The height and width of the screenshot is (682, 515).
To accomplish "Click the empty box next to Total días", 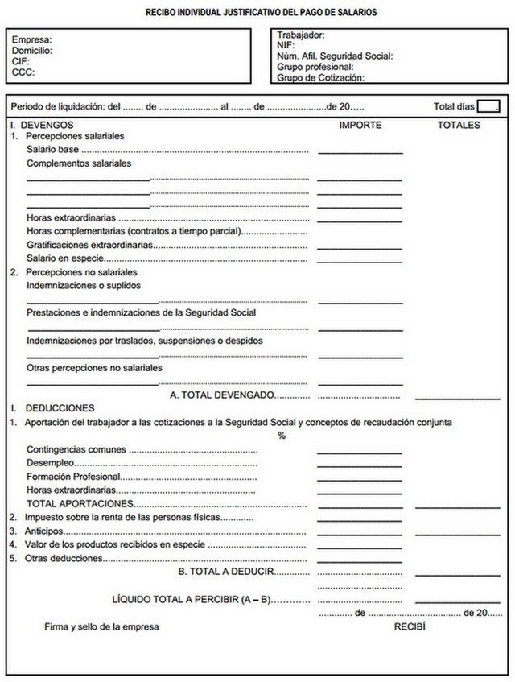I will pyautogui.click(x=488, y=106).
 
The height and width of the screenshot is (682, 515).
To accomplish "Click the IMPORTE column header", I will pyautogui.click(x=360, y=126).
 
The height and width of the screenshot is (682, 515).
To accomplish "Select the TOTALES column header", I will pyautogui.click(x=459, y=126).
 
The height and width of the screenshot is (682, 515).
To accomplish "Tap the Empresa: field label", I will pyautogui.click(x=31, y=39).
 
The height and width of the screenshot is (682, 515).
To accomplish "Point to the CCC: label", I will pyautogui.click(x=23, y=72).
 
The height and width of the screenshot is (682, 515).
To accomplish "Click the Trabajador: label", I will pyautogui.click(x=300, y=35).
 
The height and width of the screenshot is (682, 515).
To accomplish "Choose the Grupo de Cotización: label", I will pyautogui.click(x=320, y=78).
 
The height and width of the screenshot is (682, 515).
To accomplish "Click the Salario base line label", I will pyautogui.click(x=52, y=150).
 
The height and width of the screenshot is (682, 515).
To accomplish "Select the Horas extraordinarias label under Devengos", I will pyautogui.click(x=71, y=218).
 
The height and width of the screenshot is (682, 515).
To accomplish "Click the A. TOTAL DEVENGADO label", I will pyautogui.click(x=222, y=395).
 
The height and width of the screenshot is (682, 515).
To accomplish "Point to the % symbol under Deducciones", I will pyautogui.click(x=282, y=436).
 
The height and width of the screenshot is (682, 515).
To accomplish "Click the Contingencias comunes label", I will pyautogui.click(x=76, y=449).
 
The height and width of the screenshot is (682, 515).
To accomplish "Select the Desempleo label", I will pyautogui.click(x=50, y=463).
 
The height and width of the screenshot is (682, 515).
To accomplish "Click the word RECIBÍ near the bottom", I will pyautogui.click(x=409, y=626).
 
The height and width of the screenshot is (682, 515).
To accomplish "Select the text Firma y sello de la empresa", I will pyautogui.click(x=101, y=626).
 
